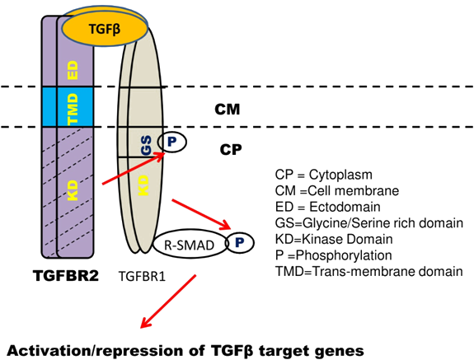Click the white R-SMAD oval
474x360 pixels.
click(x=188, y=245)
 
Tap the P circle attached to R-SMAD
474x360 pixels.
click(x=238, y=243)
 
